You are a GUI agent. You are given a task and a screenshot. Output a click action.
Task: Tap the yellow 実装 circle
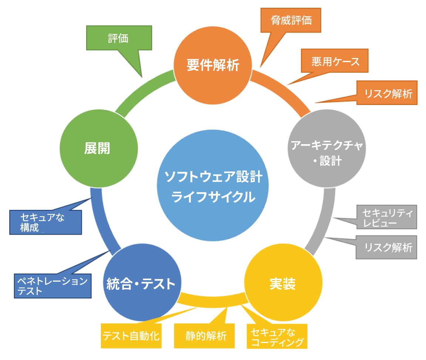(282, 284)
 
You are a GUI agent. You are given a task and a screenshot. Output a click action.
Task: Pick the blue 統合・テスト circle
(141, 284)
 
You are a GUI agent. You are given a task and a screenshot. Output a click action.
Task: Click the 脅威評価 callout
(291, 20)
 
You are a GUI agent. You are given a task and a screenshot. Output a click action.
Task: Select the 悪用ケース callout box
(335, 61)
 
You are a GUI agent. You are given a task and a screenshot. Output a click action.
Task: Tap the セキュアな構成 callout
(45, 222)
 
